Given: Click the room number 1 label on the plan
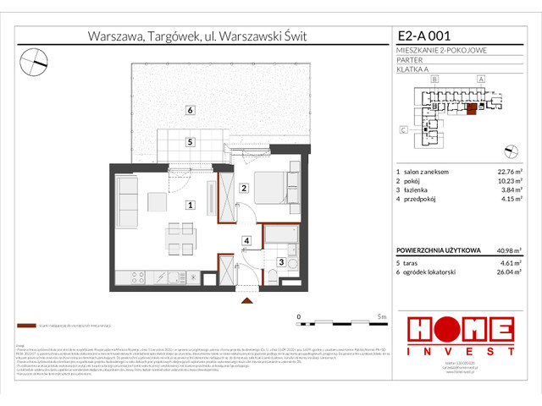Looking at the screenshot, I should (x=191, y=205).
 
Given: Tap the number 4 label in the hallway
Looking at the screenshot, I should (x=246, y=241).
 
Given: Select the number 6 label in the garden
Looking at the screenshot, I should (x=191, y=111).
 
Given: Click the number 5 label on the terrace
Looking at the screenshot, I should (x=191, y=142).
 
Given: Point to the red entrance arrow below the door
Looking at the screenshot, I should (x=246, y=299).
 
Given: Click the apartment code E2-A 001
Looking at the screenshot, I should (x=424, y=36).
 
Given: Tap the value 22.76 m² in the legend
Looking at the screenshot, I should (x=509, y=172).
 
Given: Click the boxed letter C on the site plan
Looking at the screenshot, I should (x=403, y=129).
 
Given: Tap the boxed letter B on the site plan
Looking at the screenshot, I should (x=434, y=79).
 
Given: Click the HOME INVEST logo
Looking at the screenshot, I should (x=460, y=334).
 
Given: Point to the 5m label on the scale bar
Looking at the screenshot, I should (x=383, y=316).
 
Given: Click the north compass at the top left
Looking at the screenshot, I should (x=34, y=58).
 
